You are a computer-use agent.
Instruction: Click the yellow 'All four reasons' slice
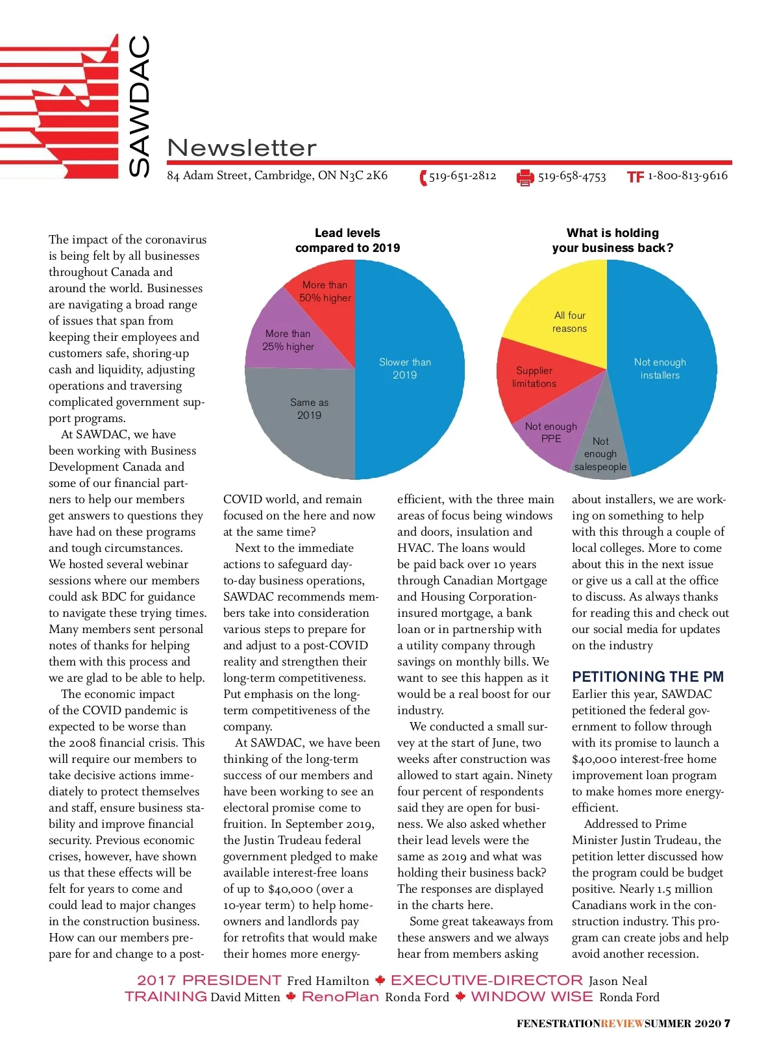point(565,312)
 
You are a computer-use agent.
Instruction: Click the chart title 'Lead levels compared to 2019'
point(347,240)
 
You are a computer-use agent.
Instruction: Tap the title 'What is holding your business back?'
point(612,240)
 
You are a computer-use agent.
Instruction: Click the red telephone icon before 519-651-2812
point(423,177)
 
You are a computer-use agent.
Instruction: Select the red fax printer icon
point(525,177)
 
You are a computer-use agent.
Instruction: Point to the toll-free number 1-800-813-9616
point(687,176)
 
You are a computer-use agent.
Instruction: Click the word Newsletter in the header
point(241,148)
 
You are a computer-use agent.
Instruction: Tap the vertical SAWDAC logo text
point(139,105)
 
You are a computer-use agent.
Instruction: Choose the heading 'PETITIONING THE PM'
point(647,677)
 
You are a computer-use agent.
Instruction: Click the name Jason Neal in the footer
point(617,980)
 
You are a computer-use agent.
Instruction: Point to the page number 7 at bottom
point(727,1023)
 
